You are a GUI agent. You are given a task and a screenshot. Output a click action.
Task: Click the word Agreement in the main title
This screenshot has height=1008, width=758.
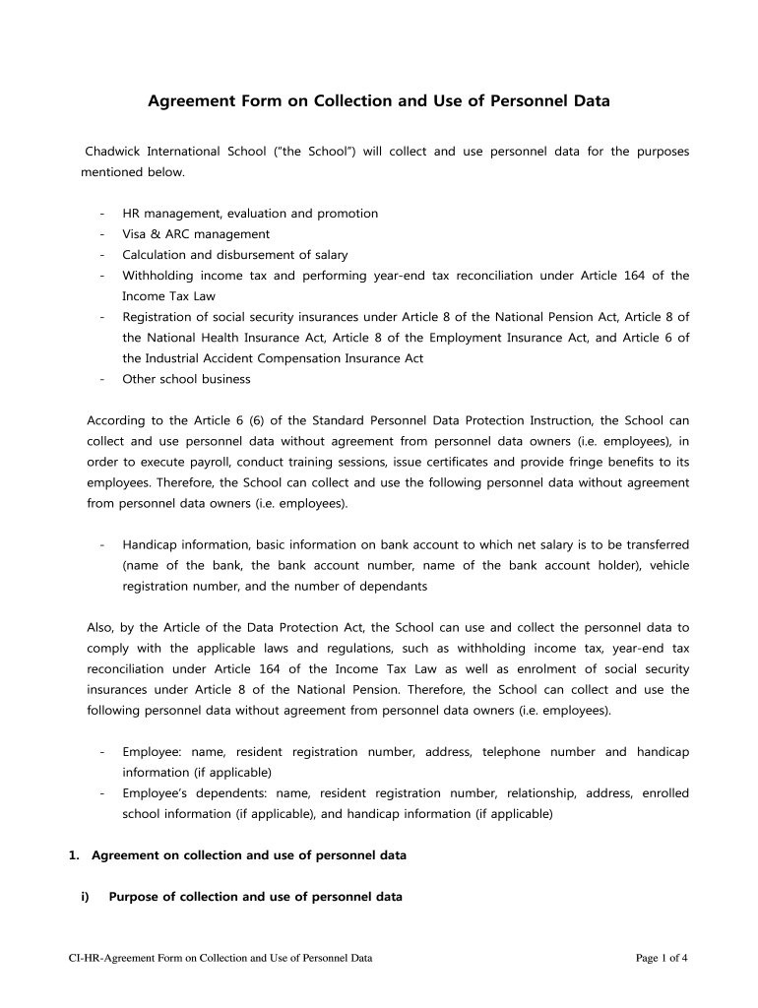[190, 101]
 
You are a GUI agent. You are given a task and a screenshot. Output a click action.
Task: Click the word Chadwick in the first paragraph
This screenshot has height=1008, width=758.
[112, 152]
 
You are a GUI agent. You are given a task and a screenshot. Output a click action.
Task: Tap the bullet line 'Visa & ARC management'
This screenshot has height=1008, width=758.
[195, 234]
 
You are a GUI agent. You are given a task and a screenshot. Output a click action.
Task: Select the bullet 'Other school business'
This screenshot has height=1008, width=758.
[186, 379]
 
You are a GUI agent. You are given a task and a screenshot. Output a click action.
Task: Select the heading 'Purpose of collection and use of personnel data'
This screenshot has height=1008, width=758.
[255, 897]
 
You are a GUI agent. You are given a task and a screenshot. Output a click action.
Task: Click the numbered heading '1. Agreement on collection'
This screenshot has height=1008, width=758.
[236, 855]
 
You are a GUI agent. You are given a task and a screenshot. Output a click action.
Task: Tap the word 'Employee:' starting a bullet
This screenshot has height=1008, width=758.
[151, 752]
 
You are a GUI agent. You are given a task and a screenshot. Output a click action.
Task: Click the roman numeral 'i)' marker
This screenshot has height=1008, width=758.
[85, 897]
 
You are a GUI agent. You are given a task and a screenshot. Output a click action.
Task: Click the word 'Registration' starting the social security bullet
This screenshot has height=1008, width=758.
[157, 317]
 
